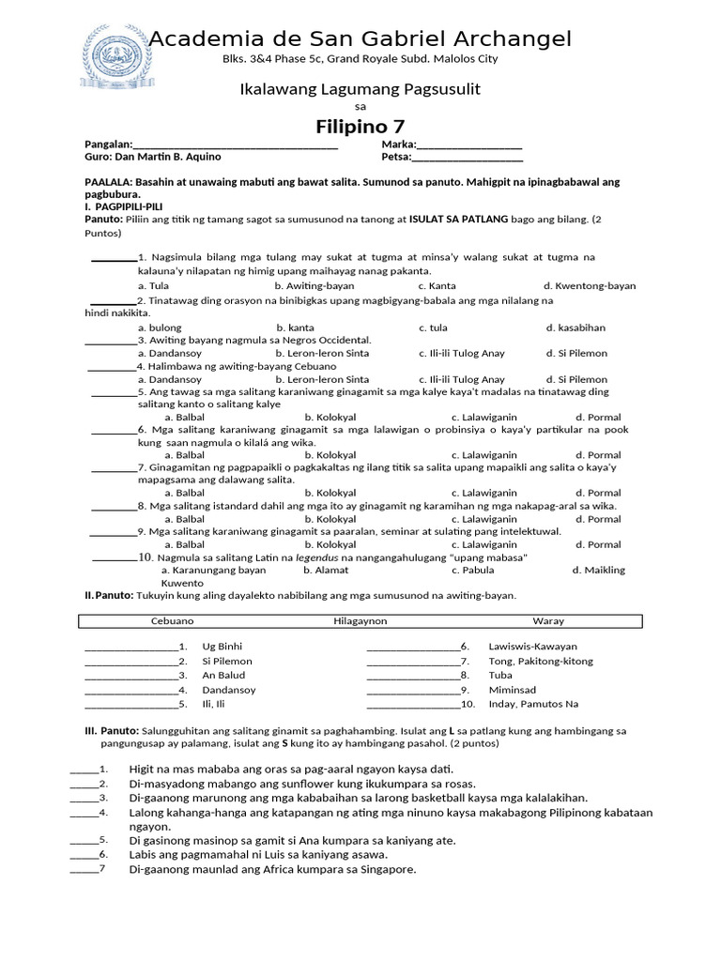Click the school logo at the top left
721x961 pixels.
click(115, 57)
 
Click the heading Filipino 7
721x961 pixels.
click(360, 126)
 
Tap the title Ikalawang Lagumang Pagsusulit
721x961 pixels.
click(360, 89)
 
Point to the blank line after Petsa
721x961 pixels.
click(468, 159)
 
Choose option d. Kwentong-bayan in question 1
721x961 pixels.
click(590, 285)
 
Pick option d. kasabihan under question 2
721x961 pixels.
click(575, 328)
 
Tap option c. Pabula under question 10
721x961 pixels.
click(472, 570)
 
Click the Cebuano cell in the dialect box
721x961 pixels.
click(172, 621)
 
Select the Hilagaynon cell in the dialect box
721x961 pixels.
click(360, 621)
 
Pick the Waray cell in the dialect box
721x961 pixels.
click(548, 621)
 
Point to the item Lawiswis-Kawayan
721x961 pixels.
click(532, 647)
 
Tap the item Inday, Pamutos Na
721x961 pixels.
click(533, 704)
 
